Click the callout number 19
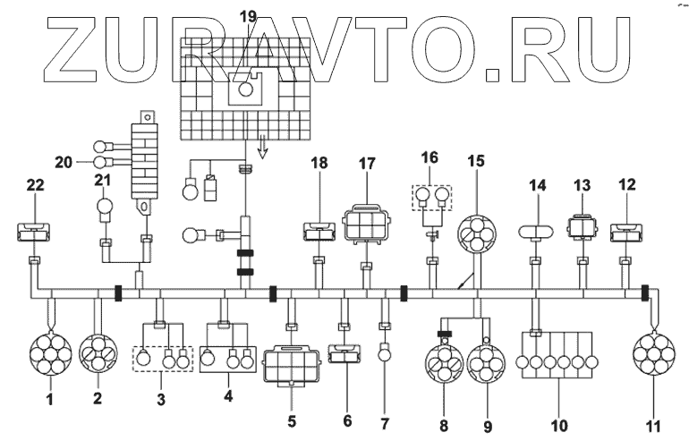click(248, 17)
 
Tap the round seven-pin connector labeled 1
click(50, 354)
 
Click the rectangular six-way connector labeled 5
click(292, 364)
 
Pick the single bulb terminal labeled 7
click(385, 352)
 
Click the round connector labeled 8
click(444, 363)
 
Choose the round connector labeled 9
click(486, 363)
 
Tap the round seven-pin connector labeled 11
click(654, 354)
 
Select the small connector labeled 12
click(627, 233)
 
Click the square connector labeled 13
click(583, 226)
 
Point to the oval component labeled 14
click(536, 232)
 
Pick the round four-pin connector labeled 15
click(476, 234)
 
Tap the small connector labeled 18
click(319, 232)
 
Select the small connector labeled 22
click(33, 232)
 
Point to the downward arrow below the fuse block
click(262, 148)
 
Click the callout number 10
click(558, 425)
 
